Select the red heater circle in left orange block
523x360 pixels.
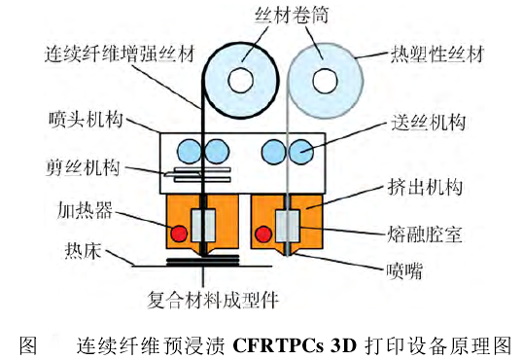coord(178,234)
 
